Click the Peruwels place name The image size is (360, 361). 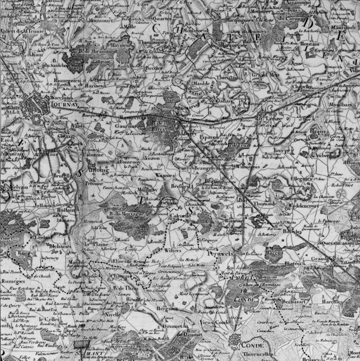220,253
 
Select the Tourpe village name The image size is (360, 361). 282,150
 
